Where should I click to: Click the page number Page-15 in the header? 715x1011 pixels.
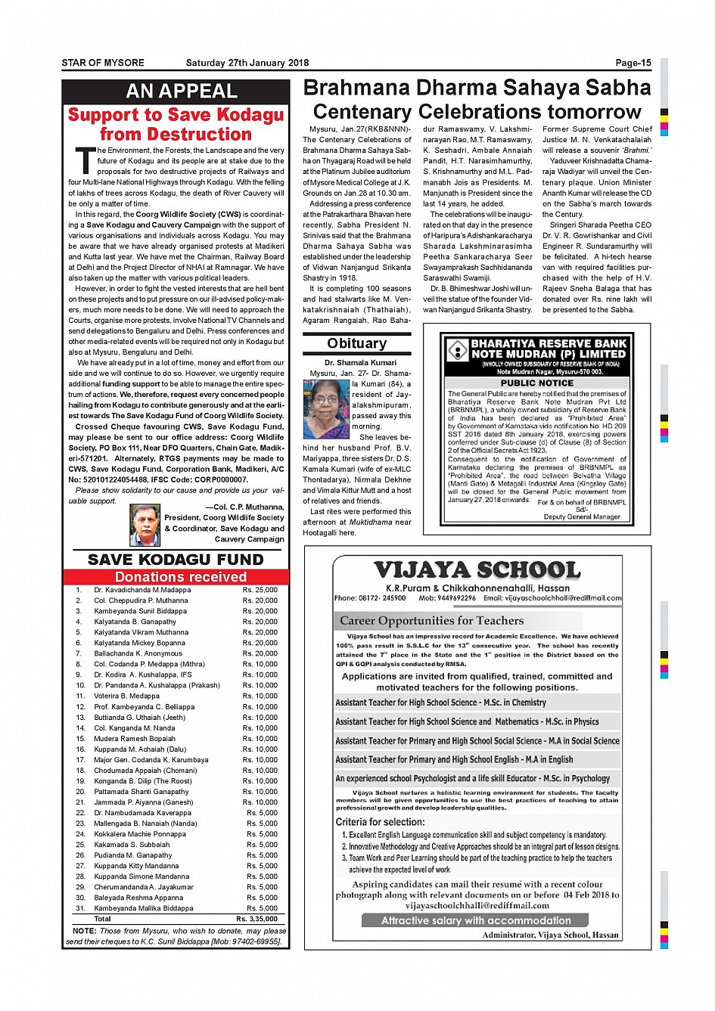tap(633, 63)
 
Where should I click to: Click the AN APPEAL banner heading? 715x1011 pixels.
tap(182, 91)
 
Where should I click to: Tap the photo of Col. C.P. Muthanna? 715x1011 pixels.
tap(145, 525)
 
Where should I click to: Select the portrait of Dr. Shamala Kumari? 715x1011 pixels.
tap(326, 409)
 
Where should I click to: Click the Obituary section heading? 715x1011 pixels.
tap(356, 343)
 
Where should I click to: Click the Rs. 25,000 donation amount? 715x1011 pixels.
tap(260, 590)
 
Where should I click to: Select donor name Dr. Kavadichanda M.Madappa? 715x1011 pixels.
tap(142, 590)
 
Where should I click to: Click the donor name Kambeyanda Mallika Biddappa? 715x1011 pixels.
tap(143, 908)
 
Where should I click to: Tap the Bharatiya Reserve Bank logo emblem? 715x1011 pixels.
tap(458, 350)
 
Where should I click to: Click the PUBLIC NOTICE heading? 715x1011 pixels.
tap(536, 383)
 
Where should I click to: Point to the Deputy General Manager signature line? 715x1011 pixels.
tap(582, 516)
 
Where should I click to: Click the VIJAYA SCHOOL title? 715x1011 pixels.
tap(477, 570)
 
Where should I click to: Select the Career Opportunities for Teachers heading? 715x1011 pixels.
tap(431, 621)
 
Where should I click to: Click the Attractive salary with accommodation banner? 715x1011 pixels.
tap(476, 920)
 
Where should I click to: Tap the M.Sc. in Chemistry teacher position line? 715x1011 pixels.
tap(440, 702)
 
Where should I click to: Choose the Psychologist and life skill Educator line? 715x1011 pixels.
tap(472, 778)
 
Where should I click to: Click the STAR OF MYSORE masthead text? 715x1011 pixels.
tap(103, 63)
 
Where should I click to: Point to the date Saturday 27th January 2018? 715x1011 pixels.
tap(247, 63)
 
